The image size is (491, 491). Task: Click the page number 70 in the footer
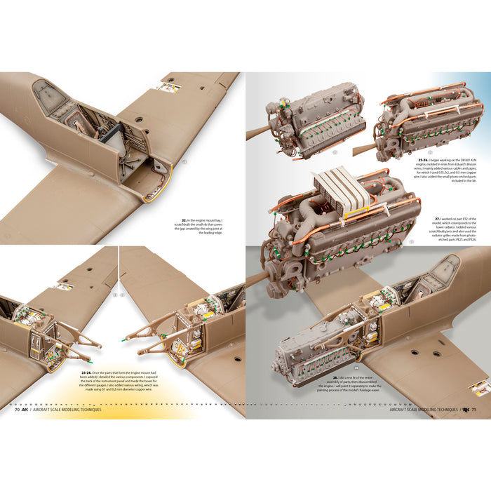(17, 410)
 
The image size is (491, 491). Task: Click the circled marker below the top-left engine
(335, 152)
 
